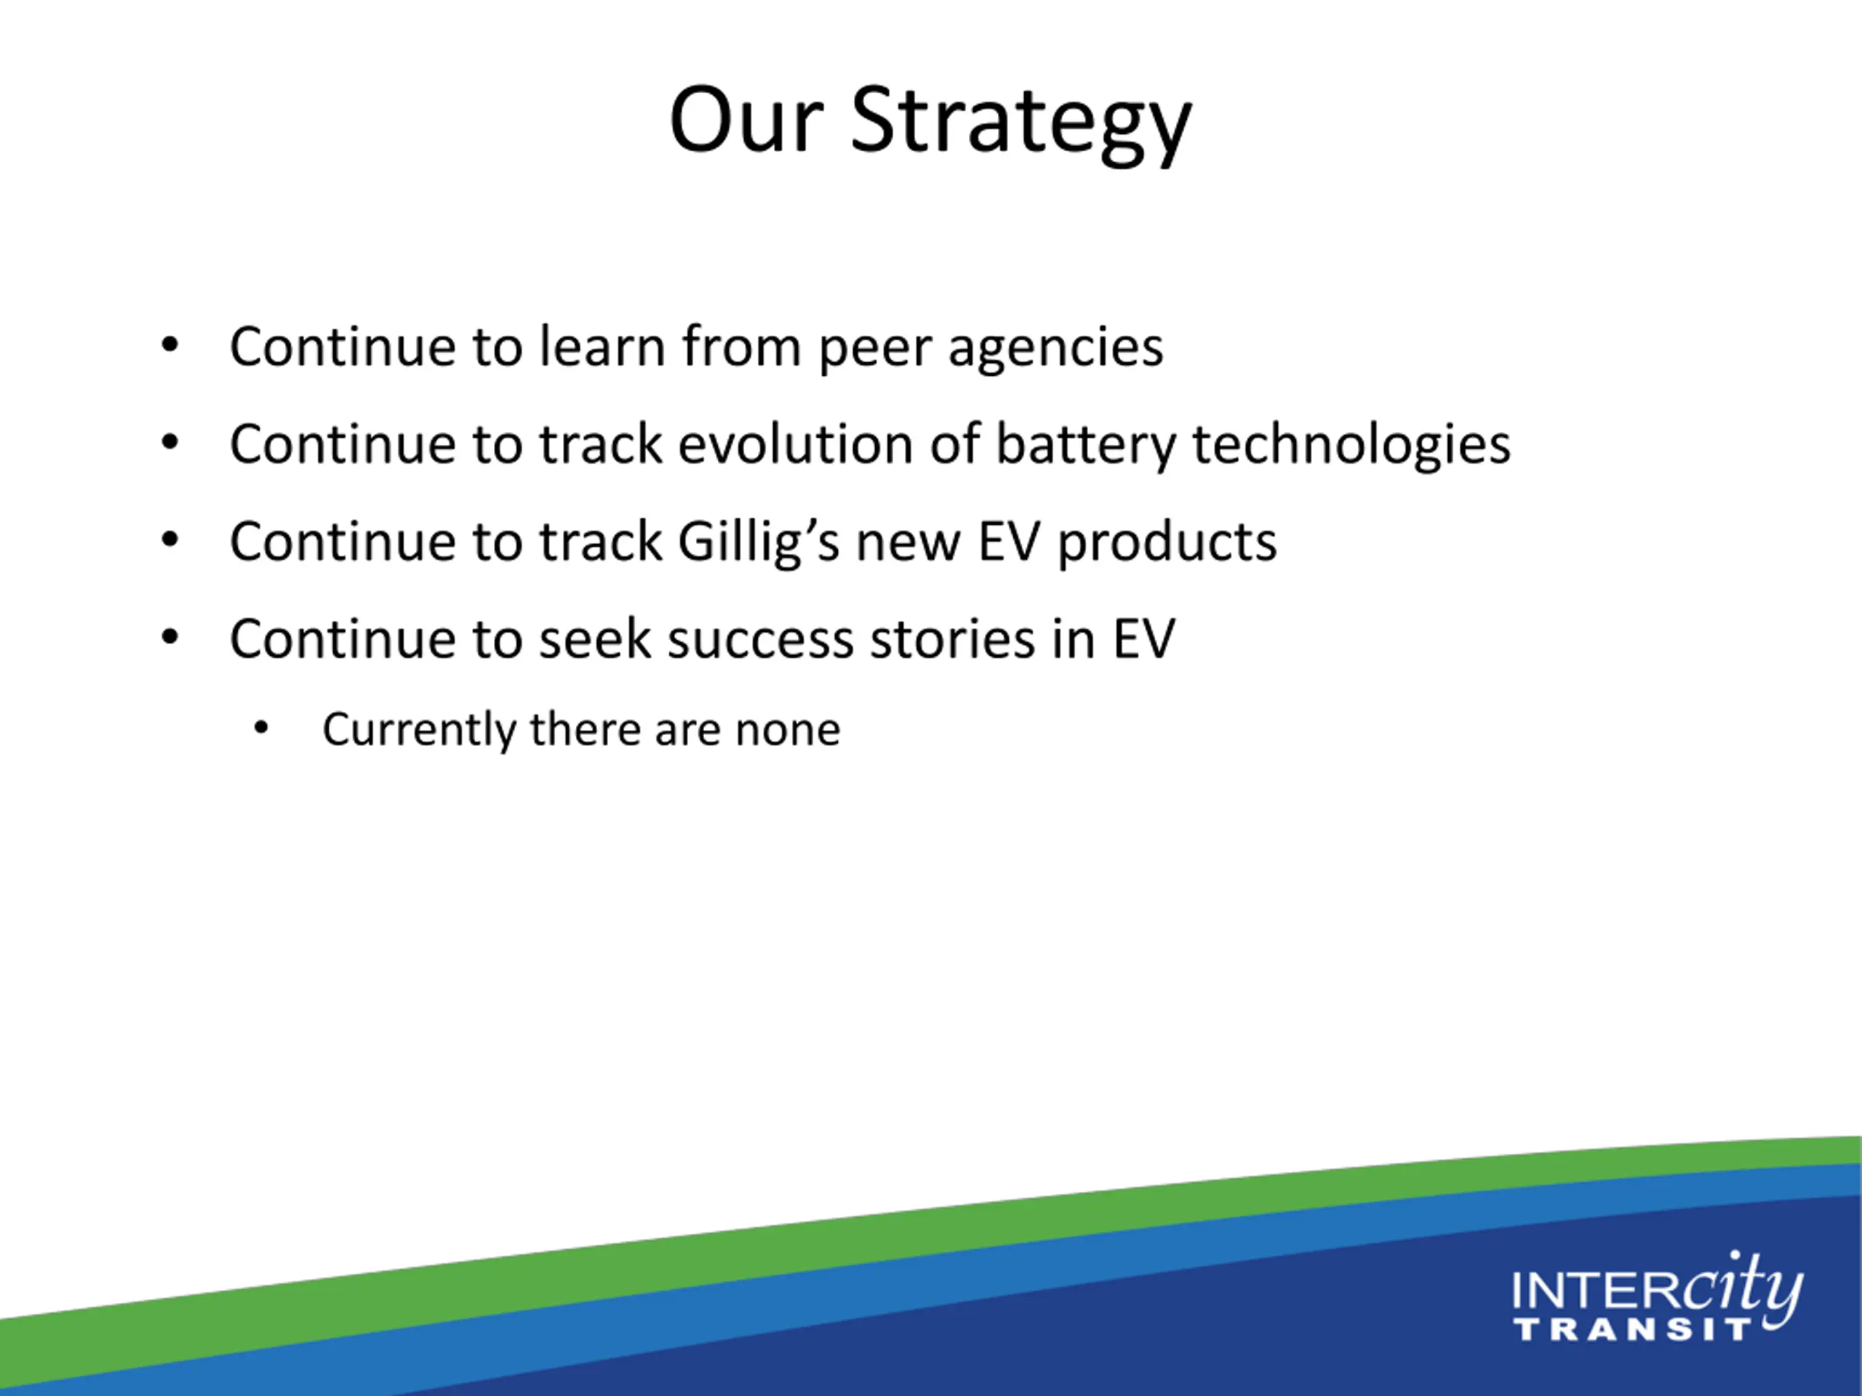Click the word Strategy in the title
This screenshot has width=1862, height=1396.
(x=1021, y=123)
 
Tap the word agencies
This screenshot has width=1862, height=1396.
(x=1055, y=349)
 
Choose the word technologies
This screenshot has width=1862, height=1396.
(x=1352, y=446)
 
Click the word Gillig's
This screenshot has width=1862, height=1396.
(x=759, y=542)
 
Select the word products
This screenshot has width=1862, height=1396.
(x=1167, y=542)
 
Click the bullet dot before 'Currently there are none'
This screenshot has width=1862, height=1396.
(x=261, y=728)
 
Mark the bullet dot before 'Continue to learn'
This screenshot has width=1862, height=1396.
(x=170, y=345)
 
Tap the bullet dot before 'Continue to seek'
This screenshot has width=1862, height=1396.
(x=170, y=637)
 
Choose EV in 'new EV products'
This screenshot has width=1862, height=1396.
(x=1008, y=542)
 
